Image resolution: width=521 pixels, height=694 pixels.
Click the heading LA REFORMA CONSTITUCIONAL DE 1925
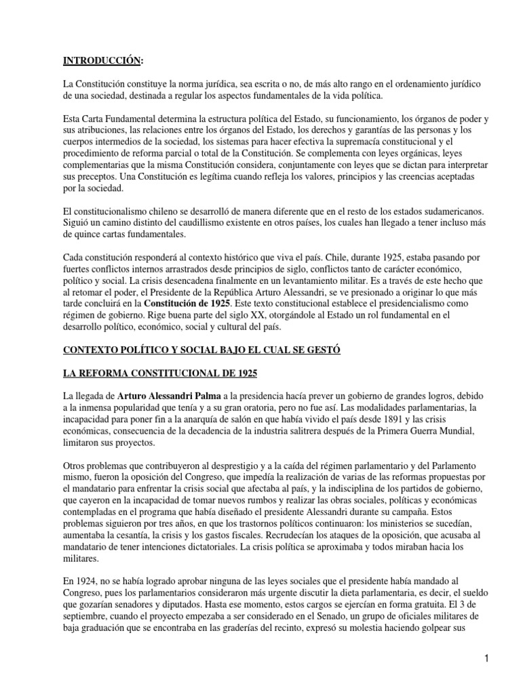click(160, 373)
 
